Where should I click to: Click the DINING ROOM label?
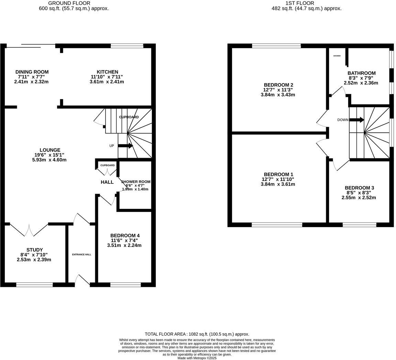(32, 72)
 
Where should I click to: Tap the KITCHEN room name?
(107, 72)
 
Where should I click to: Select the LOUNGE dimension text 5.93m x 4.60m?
(50, 160)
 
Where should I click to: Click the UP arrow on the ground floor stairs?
(125, 146)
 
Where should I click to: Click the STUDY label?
(34, 250)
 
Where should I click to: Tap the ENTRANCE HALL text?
(81, 255)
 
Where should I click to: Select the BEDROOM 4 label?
(124, 235)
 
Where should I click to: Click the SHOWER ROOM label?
(135, 182)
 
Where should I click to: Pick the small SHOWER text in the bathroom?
(337, 56)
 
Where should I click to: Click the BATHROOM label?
(361, 73)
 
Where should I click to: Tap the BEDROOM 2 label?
(278, 85)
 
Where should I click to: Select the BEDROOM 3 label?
(359, 188)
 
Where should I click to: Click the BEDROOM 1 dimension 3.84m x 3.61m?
(278, 184)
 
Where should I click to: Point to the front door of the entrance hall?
(82, 280)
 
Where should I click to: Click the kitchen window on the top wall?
(127, 46)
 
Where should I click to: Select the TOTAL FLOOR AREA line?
(197, 334)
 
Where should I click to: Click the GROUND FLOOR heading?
(74, 3)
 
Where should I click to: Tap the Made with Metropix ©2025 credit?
(197, 358)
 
